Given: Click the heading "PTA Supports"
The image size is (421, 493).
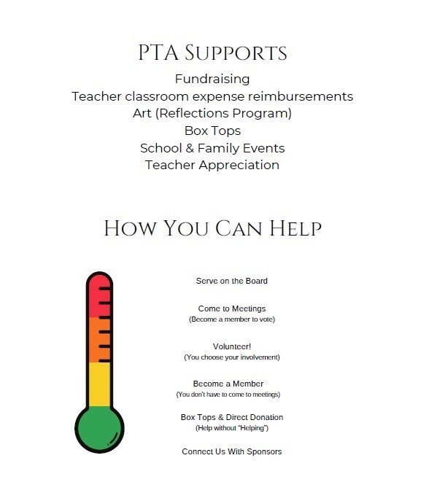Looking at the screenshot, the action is coord(212,53).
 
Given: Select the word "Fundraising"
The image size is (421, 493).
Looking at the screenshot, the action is coord(212,79).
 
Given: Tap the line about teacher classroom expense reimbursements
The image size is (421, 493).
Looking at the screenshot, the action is coord(212,96).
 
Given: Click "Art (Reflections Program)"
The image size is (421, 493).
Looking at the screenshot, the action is coord(212,114).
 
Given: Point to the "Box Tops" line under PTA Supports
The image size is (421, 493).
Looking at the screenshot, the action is coord(212,131).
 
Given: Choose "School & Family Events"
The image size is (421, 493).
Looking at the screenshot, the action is coord(212,148).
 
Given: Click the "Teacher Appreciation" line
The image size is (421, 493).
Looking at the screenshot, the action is coord(212,165).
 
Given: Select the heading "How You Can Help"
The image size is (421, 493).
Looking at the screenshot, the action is coord(212,228).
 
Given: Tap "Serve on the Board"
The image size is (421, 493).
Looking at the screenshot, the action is coord(231,281).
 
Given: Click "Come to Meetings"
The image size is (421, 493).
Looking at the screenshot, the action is coord(231,308).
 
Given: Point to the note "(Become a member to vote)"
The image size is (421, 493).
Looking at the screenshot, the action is coord(231,319).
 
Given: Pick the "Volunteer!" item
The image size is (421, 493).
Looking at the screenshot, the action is coord(231,346).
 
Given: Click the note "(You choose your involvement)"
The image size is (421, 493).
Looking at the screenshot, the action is coord(231,357).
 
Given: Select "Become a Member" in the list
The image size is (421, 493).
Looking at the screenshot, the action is coord(228,384).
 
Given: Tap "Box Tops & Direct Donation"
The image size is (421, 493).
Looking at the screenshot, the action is coord(231,417).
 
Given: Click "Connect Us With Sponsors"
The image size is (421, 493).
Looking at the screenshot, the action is coord(231,451).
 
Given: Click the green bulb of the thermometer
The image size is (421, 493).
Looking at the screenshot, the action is coord(99,431).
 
